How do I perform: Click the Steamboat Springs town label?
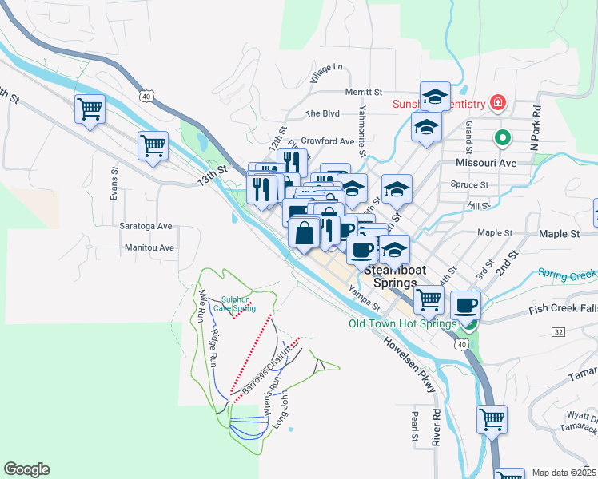click(391, 276)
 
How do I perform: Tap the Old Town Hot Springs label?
click(402, 323)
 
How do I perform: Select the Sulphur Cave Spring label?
click(238, 303)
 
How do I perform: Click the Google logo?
click(26, 469)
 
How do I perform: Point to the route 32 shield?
click(557, 331)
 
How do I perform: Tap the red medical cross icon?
click(498, 104)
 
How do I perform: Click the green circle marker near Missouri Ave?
click(502, 137)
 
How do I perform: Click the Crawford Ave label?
click(327, 141)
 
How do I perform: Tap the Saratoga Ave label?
click(146, 226)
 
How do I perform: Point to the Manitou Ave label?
click(149, 247)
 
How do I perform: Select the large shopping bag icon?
click(304, 234)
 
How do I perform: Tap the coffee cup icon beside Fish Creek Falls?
click(466, 304)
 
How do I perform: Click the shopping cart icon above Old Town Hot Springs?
click(429, 299)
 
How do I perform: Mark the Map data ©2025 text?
click(564, 473)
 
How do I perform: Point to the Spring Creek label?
click(566, 274)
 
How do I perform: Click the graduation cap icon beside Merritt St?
click(434, 97)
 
